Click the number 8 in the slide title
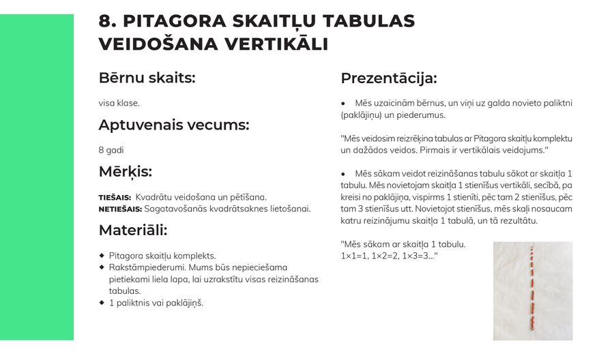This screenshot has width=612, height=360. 105,21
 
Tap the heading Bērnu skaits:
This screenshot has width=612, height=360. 147,78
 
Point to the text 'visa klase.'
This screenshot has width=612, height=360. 119,103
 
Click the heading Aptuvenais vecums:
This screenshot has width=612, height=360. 173,125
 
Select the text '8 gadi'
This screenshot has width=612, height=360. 111,149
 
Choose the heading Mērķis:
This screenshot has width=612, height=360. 125,171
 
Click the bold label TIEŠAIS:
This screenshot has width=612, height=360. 115,197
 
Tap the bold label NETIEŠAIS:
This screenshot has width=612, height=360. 120,209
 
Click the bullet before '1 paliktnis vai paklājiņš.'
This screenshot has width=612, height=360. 102,303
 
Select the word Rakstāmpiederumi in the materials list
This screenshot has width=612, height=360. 144,267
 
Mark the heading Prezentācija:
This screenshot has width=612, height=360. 388,78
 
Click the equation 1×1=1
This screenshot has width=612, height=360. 354,255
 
